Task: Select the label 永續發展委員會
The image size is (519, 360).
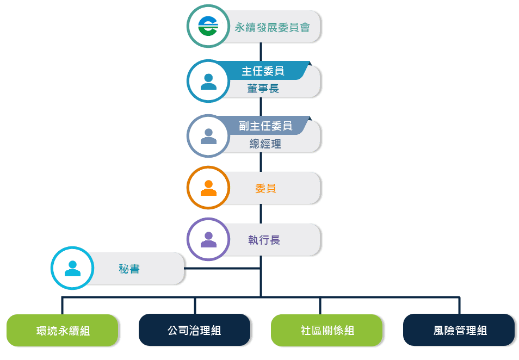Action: point(272,27)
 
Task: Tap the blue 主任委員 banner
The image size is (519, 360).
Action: point(263,71)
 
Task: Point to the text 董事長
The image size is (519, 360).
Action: point(263,89)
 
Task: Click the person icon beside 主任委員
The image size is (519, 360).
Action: point(208,81)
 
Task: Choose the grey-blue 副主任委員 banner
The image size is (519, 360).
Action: point(265,126)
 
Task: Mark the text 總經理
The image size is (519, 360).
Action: point(265,144)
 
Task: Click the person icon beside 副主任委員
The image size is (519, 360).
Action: point(208,136)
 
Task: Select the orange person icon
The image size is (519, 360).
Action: point(208,188)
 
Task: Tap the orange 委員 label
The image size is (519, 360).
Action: point(265,188)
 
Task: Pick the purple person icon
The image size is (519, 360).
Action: point(208,240)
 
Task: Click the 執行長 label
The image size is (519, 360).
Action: point(264,240)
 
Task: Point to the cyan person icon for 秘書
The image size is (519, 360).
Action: point(72,268)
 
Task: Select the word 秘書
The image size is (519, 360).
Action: point(129,269)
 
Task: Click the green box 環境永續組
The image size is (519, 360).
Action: point(63,330)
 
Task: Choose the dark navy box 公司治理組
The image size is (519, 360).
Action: point(195,330)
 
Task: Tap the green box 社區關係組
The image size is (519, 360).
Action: point(327,330)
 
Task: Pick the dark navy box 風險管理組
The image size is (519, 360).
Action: point(460,330)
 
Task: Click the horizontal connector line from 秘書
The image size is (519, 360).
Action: point(223,268)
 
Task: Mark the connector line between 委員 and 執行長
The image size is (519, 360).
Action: point(261,214)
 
